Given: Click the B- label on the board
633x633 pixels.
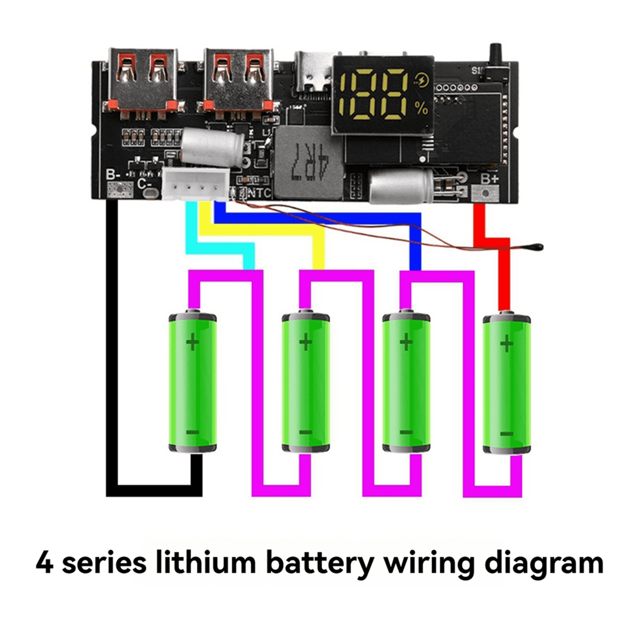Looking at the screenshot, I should (x=113, y=175).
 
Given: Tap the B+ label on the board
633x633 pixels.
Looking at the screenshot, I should (x=489, y=178).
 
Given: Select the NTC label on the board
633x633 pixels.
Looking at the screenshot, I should (x=259, y=193).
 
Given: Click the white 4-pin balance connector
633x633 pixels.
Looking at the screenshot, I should (x=196, y=186).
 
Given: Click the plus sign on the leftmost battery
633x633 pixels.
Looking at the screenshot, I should (x=193, y=343).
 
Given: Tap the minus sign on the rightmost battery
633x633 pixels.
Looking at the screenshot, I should (x=506, y=433).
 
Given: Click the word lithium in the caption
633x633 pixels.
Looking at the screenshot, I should (x=210, y=563).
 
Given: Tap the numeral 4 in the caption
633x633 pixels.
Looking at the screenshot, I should (x=45, y=563).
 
